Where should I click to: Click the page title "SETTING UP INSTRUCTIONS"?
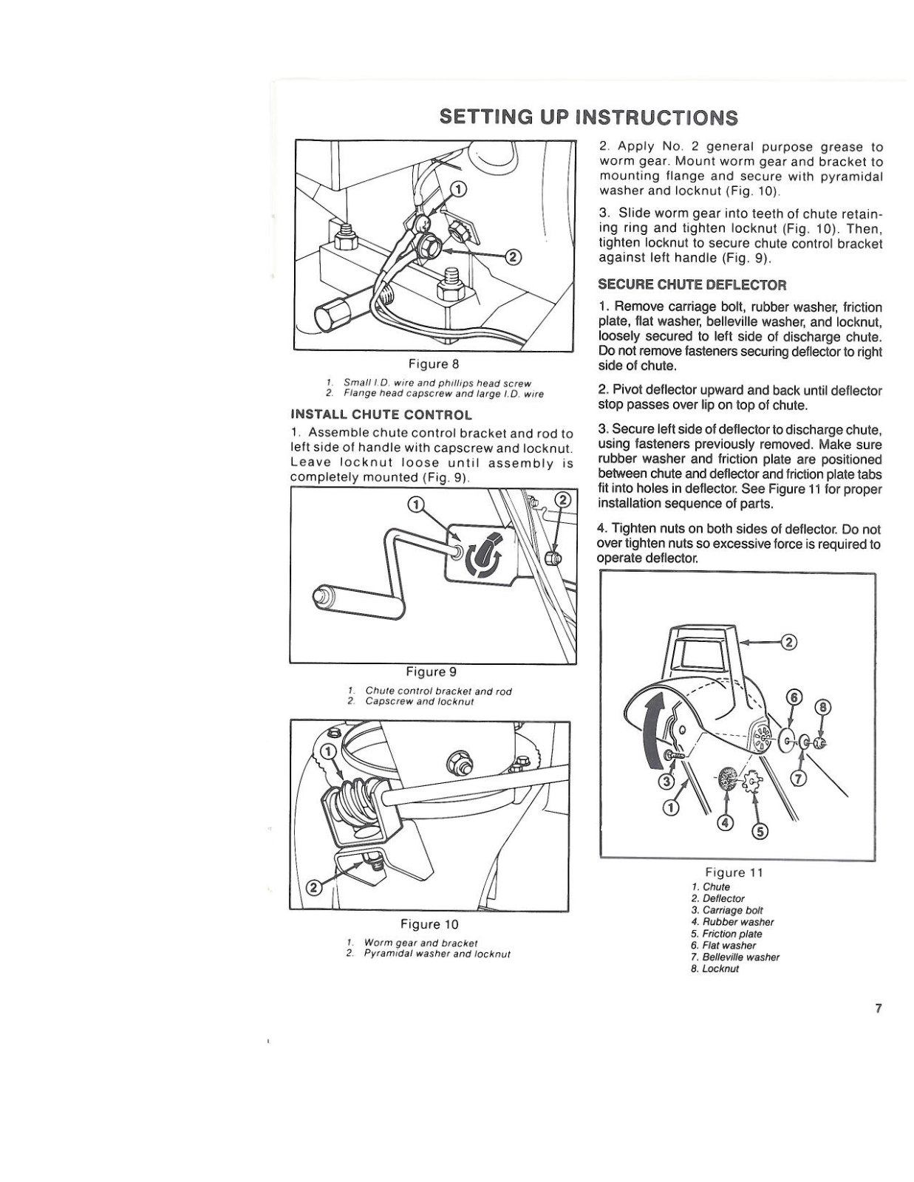tap(588, 117)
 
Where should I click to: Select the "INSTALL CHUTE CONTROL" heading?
tap(381, 414)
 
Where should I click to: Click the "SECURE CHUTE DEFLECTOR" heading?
tap(692, 284)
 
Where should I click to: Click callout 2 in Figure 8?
tap(512, 256)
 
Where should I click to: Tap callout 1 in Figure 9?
tap(417, 505)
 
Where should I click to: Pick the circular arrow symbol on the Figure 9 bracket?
tap(484, 559)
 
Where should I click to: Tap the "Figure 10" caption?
tap(429, 924)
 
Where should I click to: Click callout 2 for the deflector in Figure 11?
tap(788, 642)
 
